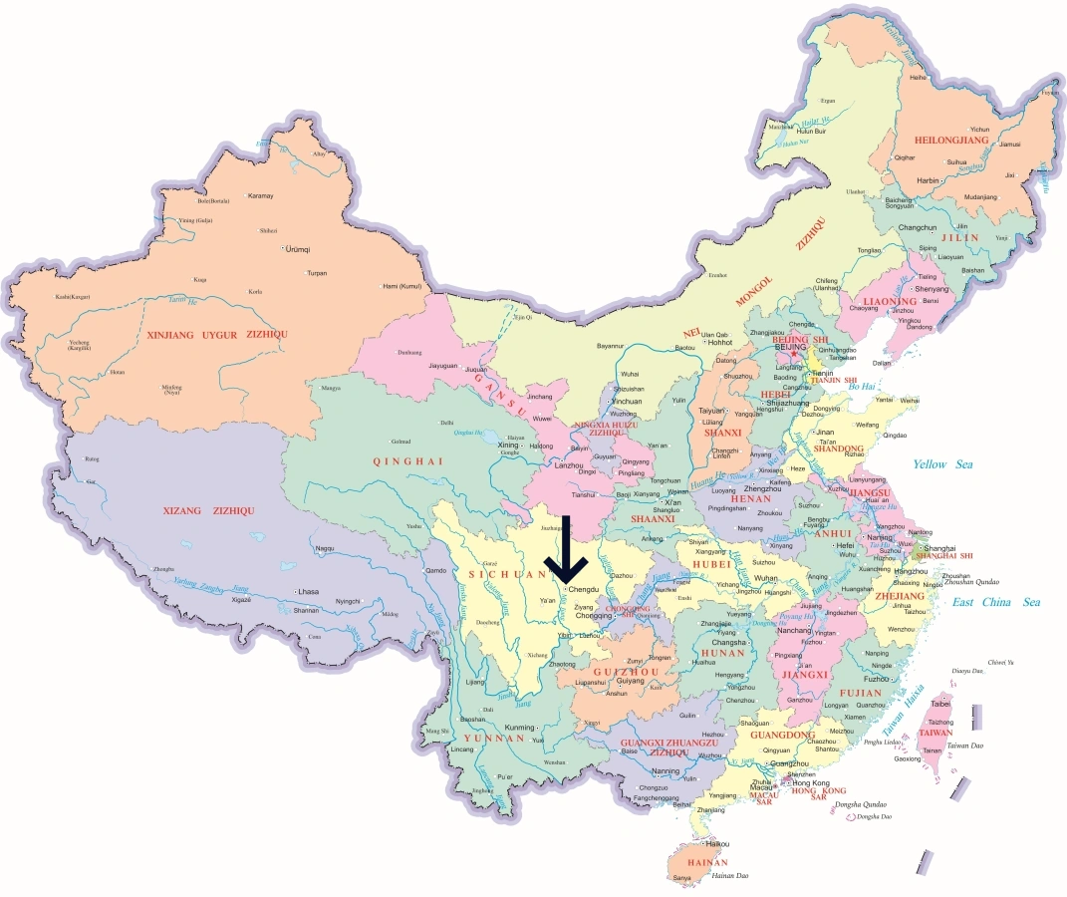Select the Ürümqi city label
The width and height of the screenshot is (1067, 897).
point(299,248)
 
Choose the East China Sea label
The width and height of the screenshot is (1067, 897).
point(995,602)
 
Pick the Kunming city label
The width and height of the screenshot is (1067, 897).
point(519,727)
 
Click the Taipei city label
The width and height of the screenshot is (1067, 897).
point(940,703)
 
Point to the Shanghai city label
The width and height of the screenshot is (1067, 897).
point(940,548)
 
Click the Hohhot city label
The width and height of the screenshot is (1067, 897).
point(720,342)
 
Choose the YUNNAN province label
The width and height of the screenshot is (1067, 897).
point(494,739)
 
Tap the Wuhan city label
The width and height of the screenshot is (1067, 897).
point(766,578)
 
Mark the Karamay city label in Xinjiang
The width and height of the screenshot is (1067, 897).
point(260,195)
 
